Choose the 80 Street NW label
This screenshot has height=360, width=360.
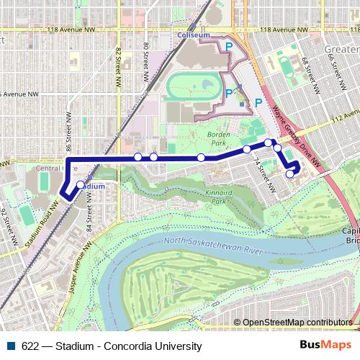[x=146, y=55]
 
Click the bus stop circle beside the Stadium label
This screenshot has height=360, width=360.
[x=80, y=185]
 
